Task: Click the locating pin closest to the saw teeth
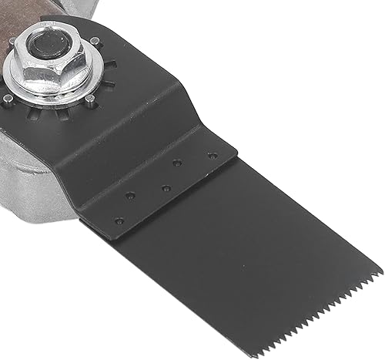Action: coord(90,99)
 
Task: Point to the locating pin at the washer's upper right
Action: coord(94,41)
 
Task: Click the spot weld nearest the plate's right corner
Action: coord(213,155)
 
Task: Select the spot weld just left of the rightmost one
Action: coord(177,163)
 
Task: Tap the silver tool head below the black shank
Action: coord(38,177)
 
